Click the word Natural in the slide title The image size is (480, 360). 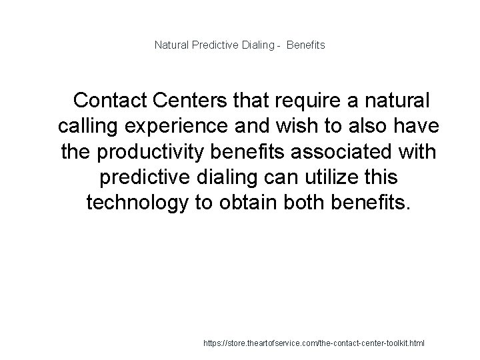[170, 45]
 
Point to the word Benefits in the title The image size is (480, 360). [306, 45]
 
